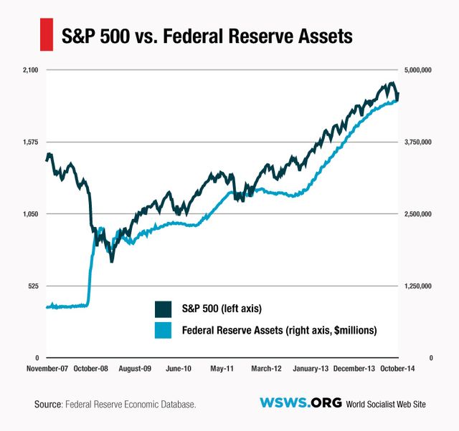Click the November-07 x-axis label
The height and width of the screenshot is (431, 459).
[47, 369]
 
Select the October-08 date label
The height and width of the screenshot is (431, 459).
[90, 369]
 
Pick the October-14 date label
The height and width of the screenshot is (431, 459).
[397, 369]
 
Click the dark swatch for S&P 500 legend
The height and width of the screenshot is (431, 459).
[164, 309]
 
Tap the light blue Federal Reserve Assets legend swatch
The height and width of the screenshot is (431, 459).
[164, 330]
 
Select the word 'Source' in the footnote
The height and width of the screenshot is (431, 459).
[47, 405]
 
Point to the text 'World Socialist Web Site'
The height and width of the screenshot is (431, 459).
[386, 405]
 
